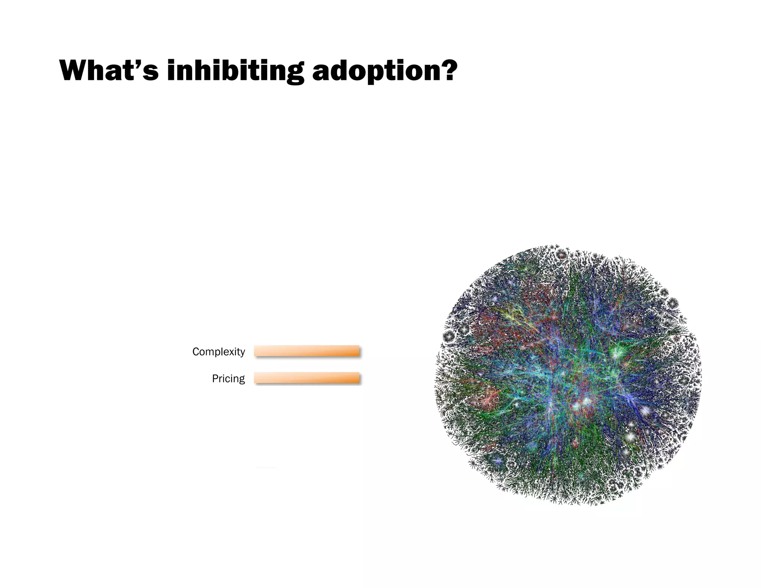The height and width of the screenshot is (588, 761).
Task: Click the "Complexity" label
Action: point(218,352)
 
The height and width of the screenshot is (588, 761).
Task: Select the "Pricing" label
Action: point(228,378)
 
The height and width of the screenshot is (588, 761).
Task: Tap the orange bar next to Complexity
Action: point(307,351)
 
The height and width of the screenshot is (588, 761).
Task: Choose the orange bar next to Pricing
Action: point(307,378)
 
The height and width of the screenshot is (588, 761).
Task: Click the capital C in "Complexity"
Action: point(195,352)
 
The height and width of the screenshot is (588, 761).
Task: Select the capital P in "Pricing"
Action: point(214,378)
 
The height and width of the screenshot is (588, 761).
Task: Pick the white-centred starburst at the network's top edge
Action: point(561,255)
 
